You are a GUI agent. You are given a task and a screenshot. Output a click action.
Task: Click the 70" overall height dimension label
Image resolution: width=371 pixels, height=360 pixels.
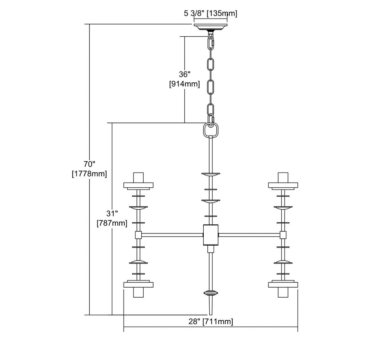pyautogui.click(x=89, y=164)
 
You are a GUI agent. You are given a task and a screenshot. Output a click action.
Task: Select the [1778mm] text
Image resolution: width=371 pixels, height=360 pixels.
pyautogui.click(x=89, y=174)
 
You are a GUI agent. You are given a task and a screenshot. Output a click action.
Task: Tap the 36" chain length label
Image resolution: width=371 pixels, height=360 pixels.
pyautogui.click(x=184, y=74)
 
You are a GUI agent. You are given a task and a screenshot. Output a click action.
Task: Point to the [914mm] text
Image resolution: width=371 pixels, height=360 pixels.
pyautogui.click(x=184, y=84)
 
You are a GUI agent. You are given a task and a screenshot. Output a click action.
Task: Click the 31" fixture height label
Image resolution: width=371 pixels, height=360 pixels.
pyautogui.click(x=112, y=213)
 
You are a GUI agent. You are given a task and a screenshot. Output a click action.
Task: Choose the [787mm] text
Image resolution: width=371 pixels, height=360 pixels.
pyautogui.click(x=112, y=223)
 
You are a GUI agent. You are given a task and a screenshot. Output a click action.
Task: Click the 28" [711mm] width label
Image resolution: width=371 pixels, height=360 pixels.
pyautogui.click(x=211, y=321)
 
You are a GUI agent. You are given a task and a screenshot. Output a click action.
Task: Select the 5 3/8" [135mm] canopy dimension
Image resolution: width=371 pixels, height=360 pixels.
pyautogui.click(x=211, y=13)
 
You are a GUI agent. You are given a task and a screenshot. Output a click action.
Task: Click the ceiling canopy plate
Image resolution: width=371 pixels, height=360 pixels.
pyautogui.click(x=210, y=26)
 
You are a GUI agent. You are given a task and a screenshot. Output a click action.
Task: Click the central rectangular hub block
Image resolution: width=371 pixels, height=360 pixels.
pyautogui.click(x=211, y=235)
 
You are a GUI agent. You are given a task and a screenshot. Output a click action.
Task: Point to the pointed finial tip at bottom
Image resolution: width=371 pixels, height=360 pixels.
pyautogui.click(x=211, y=315)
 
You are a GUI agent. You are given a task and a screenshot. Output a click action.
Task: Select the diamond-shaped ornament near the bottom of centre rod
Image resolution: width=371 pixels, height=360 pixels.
pyautogui.click(x=211, y=293)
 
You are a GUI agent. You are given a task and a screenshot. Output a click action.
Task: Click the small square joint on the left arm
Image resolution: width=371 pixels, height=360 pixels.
pyautogui.click(x=138, y=235)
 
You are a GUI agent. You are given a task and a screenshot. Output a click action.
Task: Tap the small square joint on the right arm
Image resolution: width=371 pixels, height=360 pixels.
pyautogui.click(x=283, y=235)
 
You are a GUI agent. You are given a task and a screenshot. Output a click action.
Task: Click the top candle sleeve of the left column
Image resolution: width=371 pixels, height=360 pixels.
pyautogui.click(x=138, y=177)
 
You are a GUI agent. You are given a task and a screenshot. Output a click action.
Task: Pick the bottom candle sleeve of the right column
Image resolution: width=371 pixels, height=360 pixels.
pyautogui.click(x=283, y=292)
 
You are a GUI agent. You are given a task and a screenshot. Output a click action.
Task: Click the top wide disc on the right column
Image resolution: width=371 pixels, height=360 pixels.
pyautogui.click(x=283, y=185)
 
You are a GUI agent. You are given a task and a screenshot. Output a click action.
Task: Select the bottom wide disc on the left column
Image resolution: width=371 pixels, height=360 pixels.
pyautogui.click(x=138, y=285)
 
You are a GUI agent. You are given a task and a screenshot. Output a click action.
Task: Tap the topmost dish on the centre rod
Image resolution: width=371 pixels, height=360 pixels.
pyautogui.click(x=211, y=174)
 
